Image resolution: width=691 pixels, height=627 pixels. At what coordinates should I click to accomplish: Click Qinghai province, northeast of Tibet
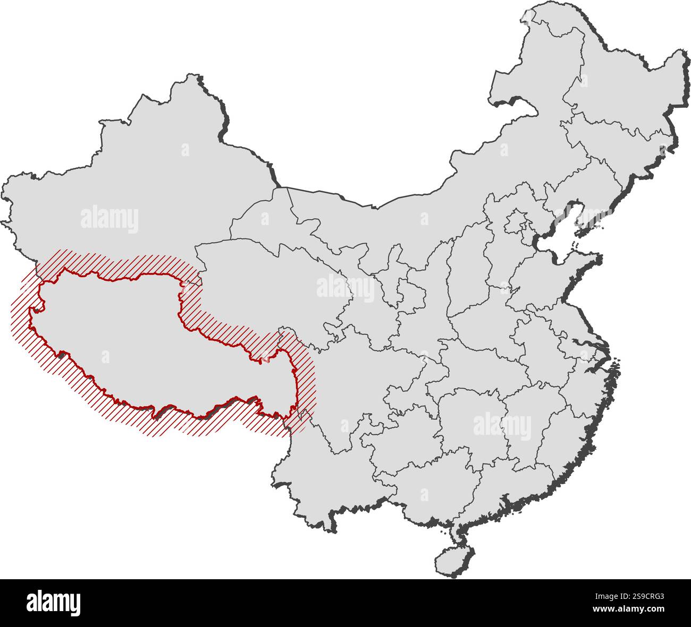click(x=255, y=281)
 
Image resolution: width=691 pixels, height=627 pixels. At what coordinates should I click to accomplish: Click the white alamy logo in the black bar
click(x=53, y=603)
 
